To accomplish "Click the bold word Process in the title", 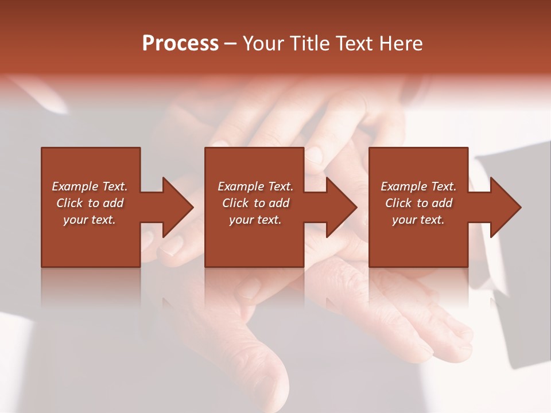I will click(x=180, y=43).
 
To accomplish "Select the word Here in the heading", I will click(x=401, y=43).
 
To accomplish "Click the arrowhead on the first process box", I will click(x=177, y=207).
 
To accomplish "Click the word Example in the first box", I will click(x=75, y=186).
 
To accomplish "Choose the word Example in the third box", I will click(x=404, y=186).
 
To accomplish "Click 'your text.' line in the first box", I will click(x=90, y=220).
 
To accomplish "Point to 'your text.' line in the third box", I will click(x=418, y=220).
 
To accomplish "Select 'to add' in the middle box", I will click(x=271, y=203).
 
